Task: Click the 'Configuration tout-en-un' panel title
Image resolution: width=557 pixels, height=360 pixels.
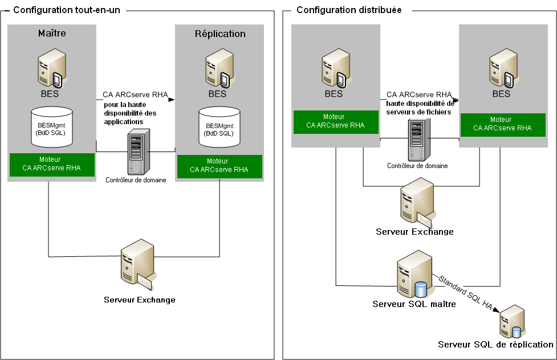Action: tap(66, 10)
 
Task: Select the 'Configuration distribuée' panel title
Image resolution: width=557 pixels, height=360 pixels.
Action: tap(349, 10)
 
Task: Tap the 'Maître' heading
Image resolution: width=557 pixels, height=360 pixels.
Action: tap(52, 33)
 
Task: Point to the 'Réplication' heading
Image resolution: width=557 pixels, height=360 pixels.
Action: tap(220, 34)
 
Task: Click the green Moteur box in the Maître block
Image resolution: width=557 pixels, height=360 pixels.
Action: tap(51, 164)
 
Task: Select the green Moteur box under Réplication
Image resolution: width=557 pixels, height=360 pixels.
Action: tap(219, 165)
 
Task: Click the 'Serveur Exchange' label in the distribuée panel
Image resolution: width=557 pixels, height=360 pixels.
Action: tap(414, 232)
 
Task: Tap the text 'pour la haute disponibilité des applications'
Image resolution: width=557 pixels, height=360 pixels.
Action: tap(130, 113)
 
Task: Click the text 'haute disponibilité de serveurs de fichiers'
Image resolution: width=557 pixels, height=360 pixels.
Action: tap(420, 108)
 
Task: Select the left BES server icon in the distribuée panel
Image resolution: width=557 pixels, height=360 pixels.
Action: tap(335, 67)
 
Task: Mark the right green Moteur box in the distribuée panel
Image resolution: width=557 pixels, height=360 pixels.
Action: tap(501, 124)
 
